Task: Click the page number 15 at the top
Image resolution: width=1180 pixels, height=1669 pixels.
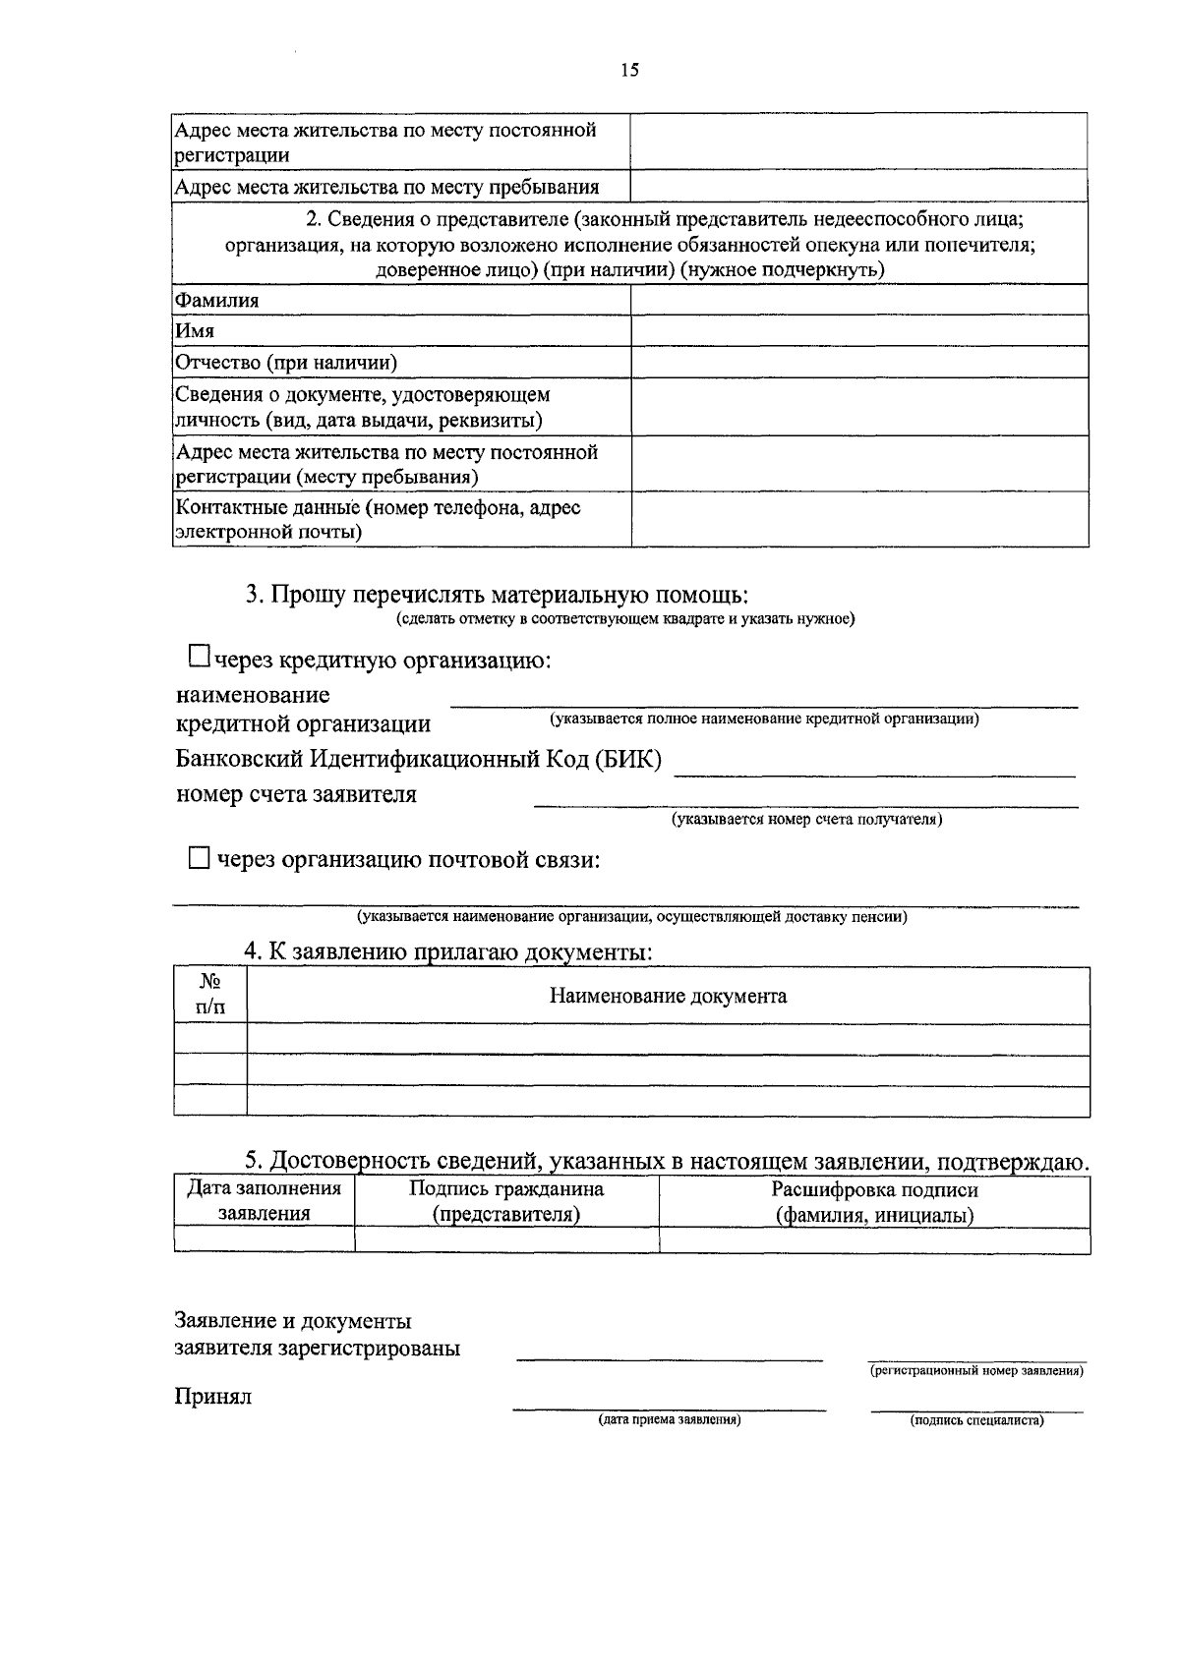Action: click(x=630, y=70)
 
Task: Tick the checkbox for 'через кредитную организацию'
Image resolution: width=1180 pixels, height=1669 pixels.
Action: click(x=200, y=655)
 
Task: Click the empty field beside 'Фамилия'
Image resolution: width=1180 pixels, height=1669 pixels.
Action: click(x=858, y=300)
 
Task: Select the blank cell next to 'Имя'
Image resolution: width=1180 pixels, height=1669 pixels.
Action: click(x=858, y=330)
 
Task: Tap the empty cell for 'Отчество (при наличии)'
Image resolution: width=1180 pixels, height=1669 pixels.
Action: click(x=858, y=362)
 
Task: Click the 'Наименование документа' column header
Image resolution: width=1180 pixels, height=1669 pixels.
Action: click(x=667, y=996)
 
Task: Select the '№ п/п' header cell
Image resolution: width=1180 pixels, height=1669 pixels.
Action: click(x=209, y=995)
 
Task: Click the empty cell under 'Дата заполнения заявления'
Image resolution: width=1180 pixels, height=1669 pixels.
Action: click(x=264, y=1240)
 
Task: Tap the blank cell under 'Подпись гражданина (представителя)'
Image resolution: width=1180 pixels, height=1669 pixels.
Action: click(x=505, y=1240)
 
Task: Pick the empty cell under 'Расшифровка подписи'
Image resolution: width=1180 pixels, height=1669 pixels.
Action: click(x=874, y=1240)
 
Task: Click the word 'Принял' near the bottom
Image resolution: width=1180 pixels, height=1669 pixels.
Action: click(x=213, y=1397)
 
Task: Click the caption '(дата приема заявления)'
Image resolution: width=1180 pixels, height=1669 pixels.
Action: click(x=669, y=1420)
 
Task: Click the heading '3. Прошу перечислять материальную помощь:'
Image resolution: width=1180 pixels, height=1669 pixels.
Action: click(x=497, y=595)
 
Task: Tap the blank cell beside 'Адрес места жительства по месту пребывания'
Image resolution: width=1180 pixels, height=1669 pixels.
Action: click(x=857, y=186)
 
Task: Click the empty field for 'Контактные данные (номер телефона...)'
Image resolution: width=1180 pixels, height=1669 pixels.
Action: click(x=858, y=519)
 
